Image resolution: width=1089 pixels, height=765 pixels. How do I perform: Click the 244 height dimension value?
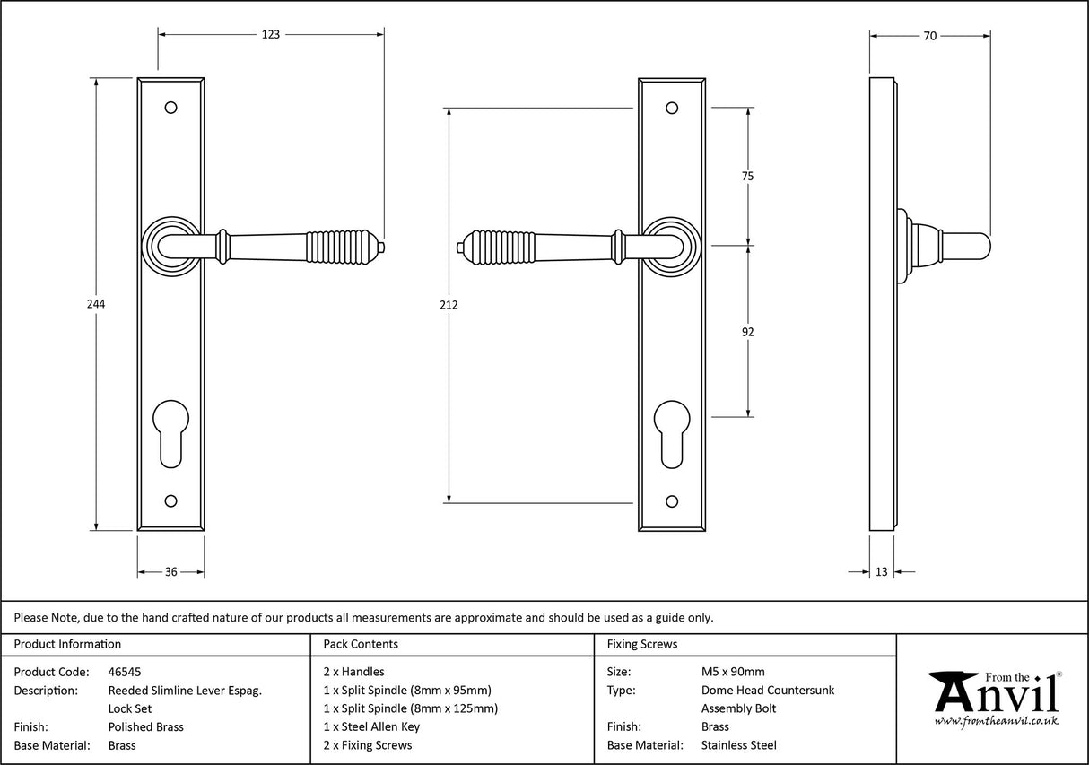click(96, 304)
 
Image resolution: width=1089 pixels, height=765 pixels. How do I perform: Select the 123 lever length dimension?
click(271, 35)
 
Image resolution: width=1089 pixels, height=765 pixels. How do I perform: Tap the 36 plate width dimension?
click(170, 571)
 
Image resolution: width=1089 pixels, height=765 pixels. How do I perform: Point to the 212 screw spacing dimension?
click(449, 305)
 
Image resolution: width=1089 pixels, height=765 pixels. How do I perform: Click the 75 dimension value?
click(747, 177)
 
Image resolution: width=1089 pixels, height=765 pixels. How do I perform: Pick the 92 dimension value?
click(747, 332)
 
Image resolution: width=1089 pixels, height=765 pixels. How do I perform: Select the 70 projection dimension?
click(929, 36)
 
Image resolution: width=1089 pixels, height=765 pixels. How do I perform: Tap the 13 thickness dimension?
click(881, 571)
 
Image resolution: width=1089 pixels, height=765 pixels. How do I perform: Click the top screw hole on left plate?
click(170, 109)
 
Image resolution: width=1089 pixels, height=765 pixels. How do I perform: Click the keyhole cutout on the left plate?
click(170, 433)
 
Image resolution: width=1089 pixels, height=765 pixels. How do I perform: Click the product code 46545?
click(124, 671)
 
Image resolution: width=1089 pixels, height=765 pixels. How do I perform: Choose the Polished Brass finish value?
click(145, 726)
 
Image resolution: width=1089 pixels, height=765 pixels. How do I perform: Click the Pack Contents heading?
click(361, 644)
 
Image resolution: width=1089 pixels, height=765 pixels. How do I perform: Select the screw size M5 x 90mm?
click(733, 671)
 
